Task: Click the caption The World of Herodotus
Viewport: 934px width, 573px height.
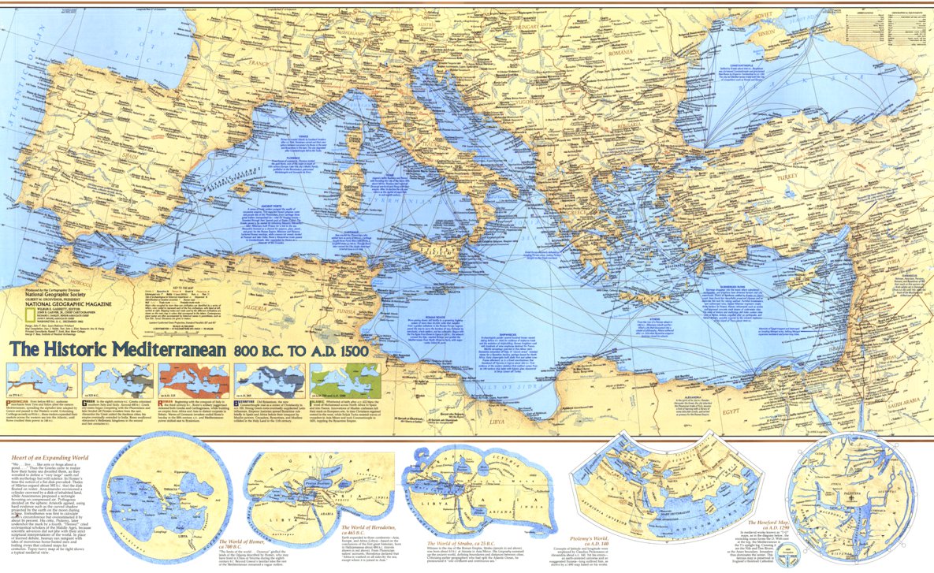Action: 377,527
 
